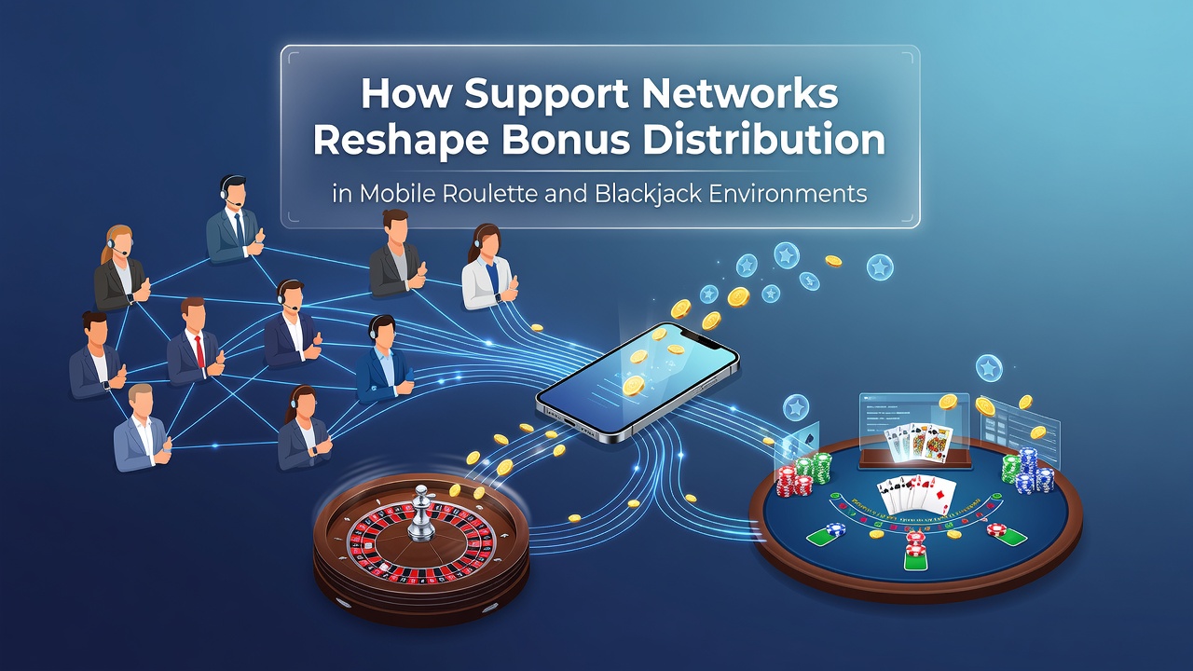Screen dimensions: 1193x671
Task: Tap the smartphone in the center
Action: click(638, 381)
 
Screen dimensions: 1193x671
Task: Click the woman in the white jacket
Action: click(487, 267)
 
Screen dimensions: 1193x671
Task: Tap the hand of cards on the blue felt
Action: click(916, 495)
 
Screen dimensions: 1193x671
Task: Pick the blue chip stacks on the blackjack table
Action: click(1031, 471)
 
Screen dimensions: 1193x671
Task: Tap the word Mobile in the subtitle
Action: click(397, 193)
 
